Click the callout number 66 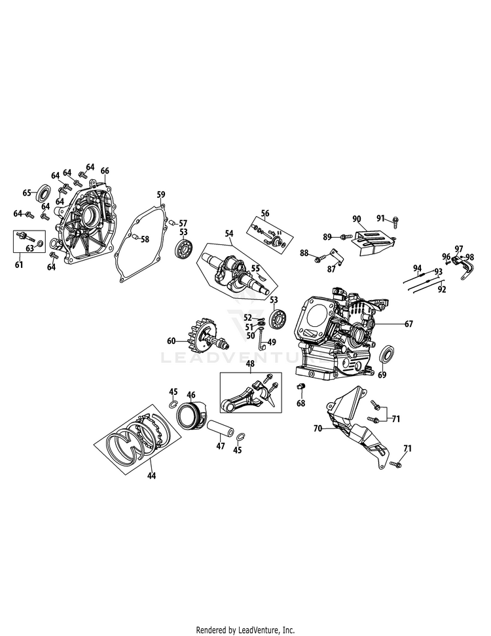click(x=105, y=171)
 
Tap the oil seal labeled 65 click(x=43, y=193)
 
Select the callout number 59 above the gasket click(x=161, y=195)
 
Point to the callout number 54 click(x=230, y=233)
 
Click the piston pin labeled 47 click(x=221, y=430)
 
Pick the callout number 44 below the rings click(x=151, y=476)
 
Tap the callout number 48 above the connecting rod click(x=250, y=364)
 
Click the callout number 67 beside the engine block click(x=409, y=324)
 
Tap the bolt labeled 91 click(x=395, y=221)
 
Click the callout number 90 click(x=356, y=219)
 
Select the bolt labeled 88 click(x=319, y=257)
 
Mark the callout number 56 click(x=265, y=214)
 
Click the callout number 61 click(x=19, y=265)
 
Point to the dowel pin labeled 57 click(x=172, y=222)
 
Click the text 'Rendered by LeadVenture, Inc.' click(x=245, y=630)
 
